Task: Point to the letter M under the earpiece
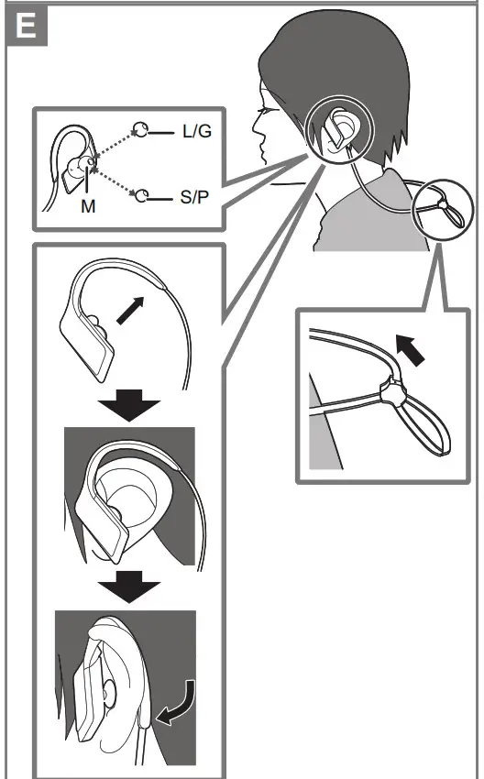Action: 87,207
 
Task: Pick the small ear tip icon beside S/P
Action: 142,194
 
